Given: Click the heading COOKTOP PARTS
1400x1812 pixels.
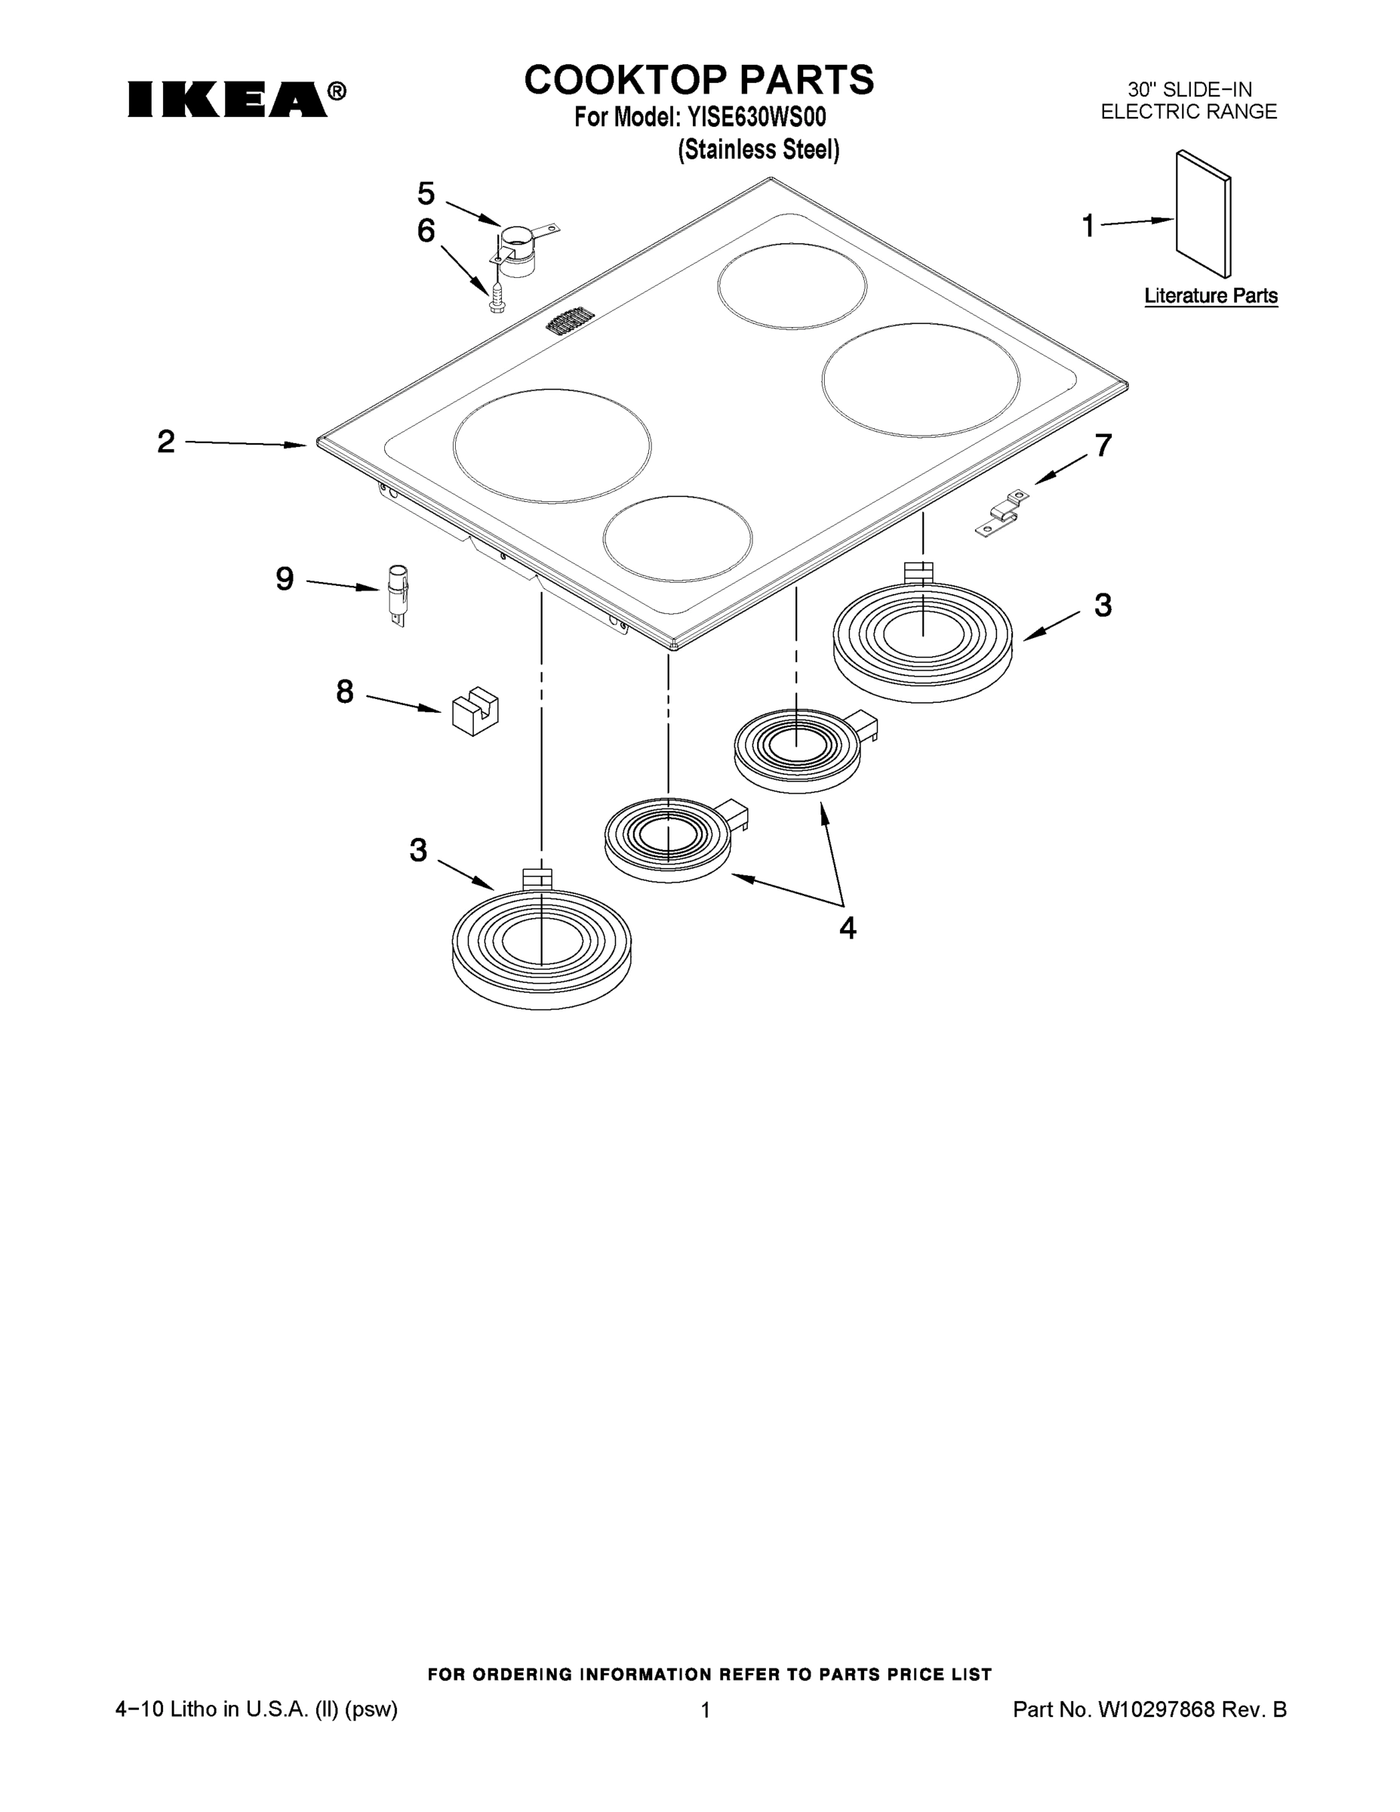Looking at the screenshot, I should click(x=698, y=79).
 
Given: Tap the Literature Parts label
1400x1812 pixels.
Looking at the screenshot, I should click(x=1210, y=296).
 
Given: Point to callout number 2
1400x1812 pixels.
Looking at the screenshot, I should click(x=166, y=442).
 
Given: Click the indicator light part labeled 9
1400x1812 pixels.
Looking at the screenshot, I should click(x=398, y=596).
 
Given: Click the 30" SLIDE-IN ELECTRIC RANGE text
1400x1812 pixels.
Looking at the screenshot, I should click(x=1189, y=100).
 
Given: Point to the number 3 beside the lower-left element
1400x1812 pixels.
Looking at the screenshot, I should click(x=418, y=849).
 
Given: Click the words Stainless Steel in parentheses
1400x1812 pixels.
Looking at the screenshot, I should click(x=758, y=150).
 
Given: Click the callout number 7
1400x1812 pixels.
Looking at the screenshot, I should click(x=1102, y=445).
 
